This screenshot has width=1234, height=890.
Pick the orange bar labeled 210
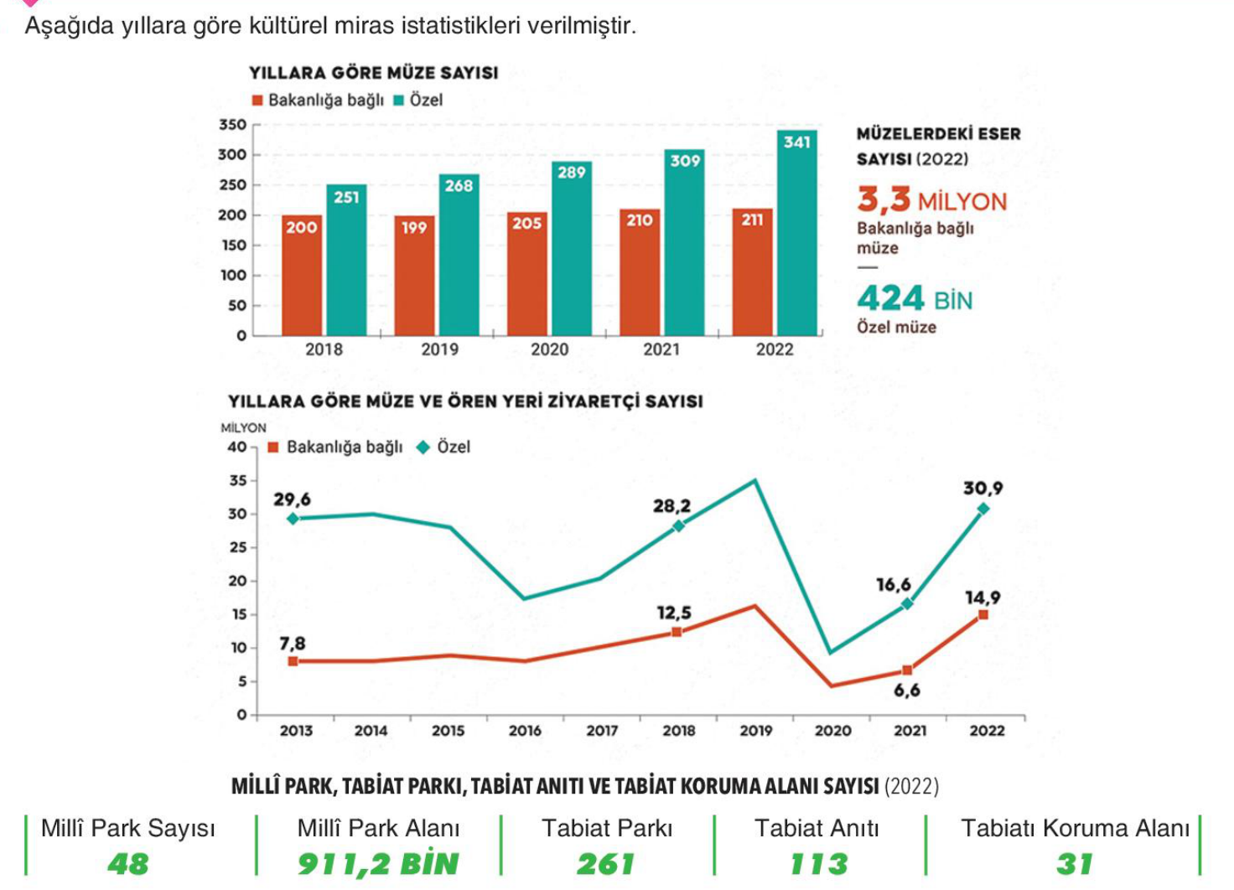pos(640,272)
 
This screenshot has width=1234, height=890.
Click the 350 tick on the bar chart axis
pos(232,125)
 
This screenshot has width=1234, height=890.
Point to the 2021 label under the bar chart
pos(661,349)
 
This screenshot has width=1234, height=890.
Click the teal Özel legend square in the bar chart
pos(399,101)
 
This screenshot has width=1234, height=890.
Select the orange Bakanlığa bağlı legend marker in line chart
pos(272,448)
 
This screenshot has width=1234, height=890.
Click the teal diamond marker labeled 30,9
pos(983,509)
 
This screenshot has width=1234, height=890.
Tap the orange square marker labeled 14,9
pos(983,615)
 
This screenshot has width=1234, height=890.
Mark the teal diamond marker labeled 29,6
pos(293,519)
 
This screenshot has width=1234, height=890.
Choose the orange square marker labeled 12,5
pos(677,632)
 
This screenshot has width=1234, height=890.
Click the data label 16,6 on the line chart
pos(893,585)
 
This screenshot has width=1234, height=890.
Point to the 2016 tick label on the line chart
pos(525,731)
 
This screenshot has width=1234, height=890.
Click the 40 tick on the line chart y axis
pos(236,448)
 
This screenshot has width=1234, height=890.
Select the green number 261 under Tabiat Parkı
pos(605,864)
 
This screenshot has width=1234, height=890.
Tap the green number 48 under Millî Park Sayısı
pos(127,864)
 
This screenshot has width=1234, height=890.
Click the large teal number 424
pos(890,298)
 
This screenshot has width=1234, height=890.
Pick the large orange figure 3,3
pos(884,199)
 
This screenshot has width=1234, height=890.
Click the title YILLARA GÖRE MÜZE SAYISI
pos(373,73)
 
